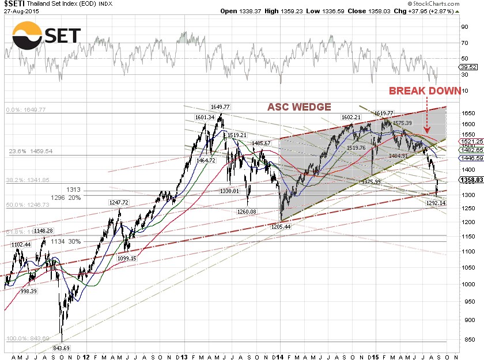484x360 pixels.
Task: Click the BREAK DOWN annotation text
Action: tap(425, 90)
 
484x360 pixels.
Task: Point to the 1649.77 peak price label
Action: tap(220, 107)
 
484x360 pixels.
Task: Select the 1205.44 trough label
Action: tap(281, 227)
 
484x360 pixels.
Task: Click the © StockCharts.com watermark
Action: tap(447, 3)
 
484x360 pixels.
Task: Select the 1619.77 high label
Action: tap(384, 113)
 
